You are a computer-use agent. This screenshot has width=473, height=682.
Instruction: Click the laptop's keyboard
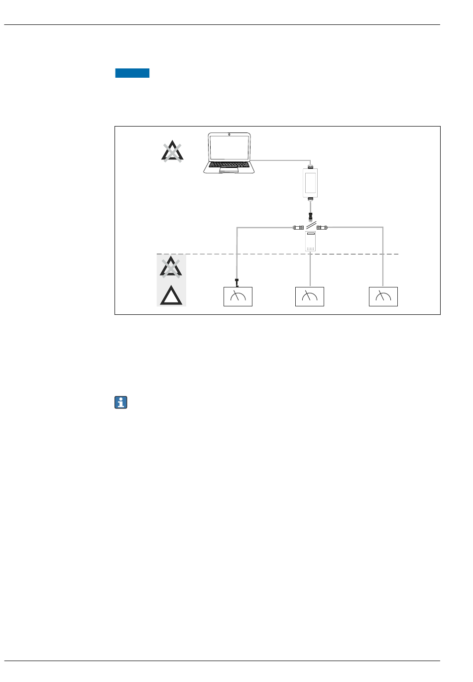point(229,164)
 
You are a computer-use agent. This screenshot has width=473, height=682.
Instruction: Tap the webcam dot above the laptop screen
point(229,134)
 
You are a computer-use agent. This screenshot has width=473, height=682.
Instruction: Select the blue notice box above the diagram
point(132,73)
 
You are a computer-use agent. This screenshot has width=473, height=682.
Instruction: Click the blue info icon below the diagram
point(121,403)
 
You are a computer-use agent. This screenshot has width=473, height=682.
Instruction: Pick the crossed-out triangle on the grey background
point(171,267)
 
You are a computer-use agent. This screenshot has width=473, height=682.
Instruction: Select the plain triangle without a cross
point(171,296)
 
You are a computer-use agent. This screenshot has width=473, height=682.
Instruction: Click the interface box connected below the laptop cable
point(310,182)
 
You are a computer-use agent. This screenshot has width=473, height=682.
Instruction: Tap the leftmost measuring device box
point(238,296)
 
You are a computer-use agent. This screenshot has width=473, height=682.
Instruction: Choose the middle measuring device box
point(310,296)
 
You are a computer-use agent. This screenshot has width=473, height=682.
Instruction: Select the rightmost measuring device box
point(383,296)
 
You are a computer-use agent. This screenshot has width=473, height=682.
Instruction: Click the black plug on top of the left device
point(237,283)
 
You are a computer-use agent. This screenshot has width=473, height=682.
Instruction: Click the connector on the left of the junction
point(299,228)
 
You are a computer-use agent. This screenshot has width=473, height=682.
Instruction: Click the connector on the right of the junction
point(322,228)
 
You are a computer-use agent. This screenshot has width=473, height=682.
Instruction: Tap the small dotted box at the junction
point(311,241)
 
